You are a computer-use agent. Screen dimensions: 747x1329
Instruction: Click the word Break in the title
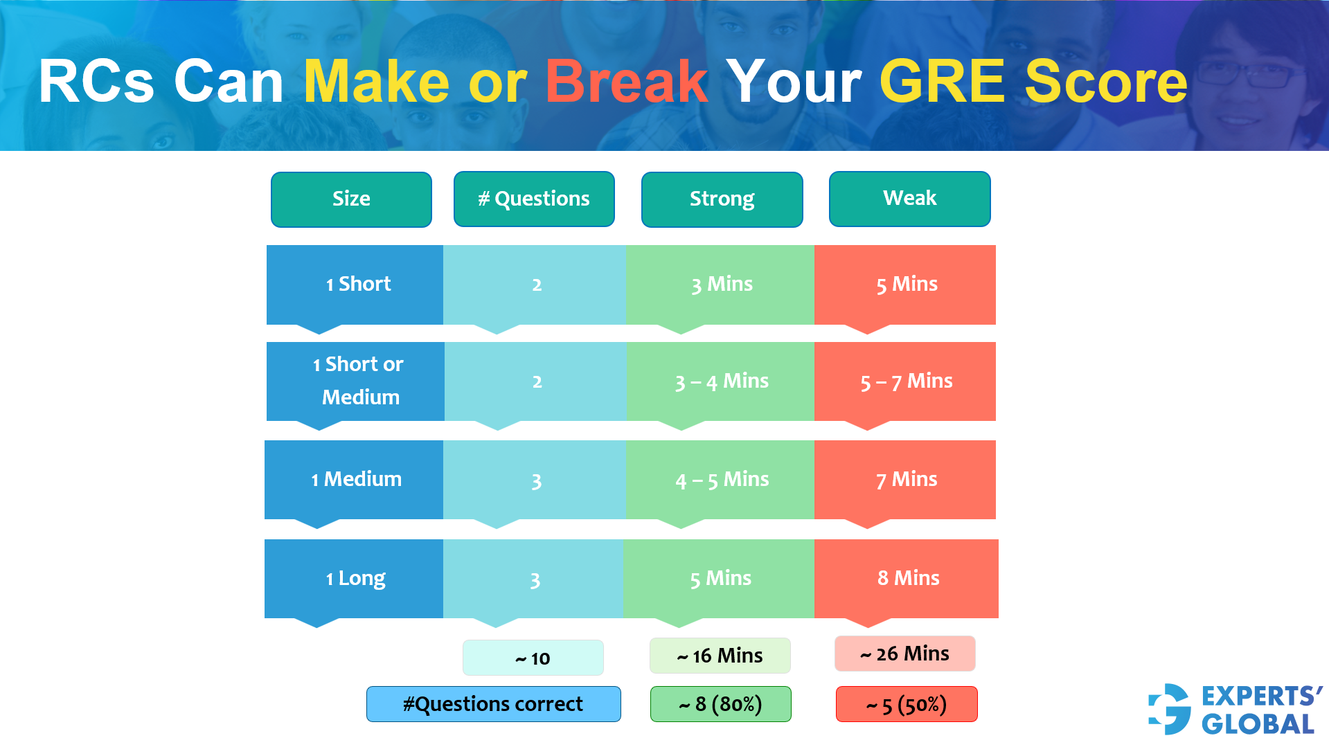(x=626, y=82)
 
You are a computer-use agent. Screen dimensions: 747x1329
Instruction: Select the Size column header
(x=351, y=199)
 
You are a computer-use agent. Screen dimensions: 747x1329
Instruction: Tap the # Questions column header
(x=534, y=199)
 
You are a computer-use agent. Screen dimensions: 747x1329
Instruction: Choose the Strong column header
(x=722, y=199)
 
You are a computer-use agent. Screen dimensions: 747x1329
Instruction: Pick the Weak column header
(x=909, y=199)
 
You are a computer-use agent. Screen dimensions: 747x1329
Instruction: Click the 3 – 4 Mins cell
(x=721, y=381)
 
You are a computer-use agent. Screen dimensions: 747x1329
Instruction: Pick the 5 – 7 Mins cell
(x=905, y=381)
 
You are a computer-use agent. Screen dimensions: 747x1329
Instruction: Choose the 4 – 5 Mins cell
(x=721, y=480)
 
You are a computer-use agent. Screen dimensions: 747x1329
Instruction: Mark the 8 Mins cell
(x=907, y=578)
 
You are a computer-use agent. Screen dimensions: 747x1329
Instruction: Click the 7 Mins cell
(x=905, y=480)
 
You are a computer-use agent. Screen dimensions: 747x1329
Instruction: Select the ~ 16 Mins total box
(x=720, y=656)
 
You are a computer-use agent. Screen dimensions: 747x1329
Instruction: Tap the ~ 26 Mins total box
(x=904, y=654)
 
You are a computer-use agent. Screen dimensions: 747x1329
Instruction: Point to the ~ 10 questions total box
(x=533, y=658)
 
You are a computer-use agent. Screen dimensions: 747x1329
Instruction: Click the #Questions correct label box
(x=493, y=704)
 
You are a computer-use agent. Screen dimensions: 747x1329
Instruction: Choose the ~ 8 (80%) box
(x=720, y=704)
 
